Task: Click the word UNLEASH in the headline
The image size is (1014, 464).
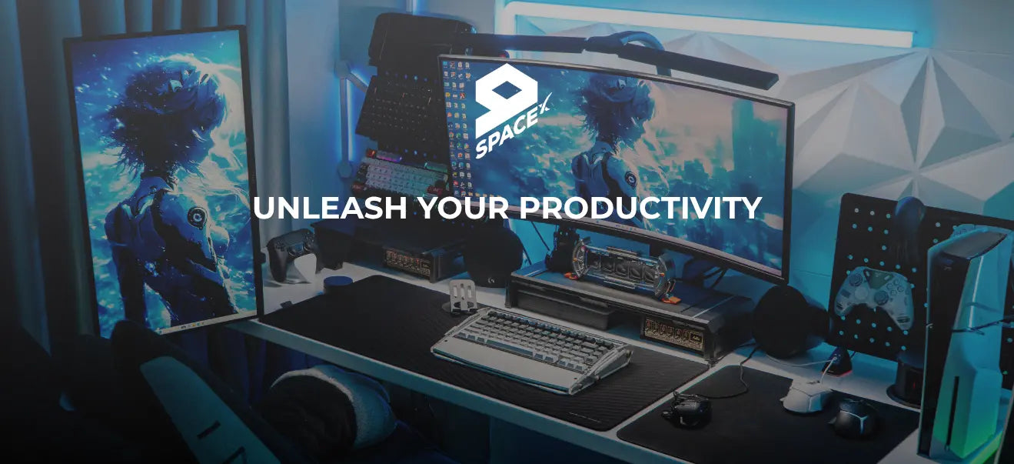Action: pyautogui.click(x=330, y=208)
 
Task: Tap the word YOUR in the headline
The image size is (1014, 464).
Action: pyautogui.click(x=463, y=208)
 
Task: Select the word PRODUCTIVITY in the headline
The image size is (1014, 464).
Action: pyautogui.click(x=640, y=208)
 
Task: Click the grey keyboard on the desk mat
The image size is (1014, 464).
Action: pyautogui.click(x=531, y=349)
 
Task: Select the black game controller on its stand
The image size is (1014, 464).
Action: pyautogui.click(x=293, y=252)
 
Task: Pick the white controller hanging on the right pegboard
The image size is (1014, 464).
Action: pyautogui.click(x=873, y=295)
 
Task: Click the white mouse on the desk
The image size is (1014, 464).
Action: pyautogui.click(x=806, y=394)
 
